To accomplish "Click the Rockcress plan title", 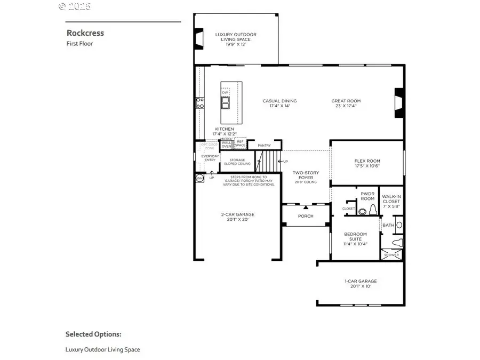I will [x=85, y=33].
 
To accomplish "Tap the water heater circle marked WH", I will [x=199, y=178].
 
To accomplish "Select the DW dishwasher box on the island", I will [x=226, y=92].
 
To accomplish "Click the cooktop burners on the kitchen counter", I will [x=200, y=102].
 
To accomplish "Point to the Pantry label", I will [x=265, y=145].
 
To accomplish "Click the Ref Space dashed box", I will [x=241, y=143].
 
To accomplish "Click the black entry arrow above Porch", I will [x=306, y=206].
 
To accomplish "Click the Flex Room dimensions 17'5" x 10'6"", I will [x=367, y=166].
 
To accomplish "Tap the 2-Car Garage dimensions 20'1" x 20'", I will [x=237, y=219].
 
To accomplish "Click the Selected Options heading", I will [x=93, y=334].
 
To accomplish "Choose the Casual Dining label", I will [x=279, y=101].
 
